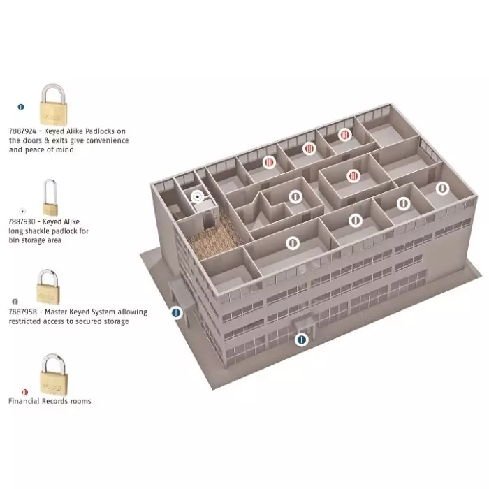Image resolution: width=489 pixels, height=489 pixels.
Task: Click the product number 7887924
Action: tap(22, 131)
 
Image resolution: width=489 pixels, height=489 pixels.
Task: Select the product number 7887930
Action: tap(22, 221)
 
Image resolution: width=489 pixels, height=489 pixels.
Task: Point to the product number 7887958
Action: tap(23, 312)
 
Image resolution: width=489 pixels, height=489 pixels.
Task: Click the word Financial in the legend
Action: tap(24, 401)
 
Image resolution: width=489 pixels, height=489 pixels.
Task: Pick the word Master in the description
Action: tap(56, 312)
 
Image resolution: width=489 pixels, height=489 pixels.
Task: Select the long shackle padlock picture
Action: tap(50, 198)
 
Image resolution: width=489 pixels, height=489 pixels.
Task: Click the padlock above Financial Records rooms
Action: tap(53, 375)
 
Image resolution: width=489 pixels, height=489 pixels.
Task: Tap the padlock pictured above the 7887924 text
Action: tap(53, 105)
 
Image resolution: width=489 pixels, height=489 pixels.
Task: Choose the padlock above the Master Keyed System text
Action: tap(48, 286)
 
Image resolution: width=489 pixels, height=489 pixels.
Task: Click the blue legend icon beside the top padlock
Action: tap(21, 107)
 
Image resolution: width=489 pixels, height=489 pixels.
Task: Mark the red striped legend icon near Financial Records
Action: tap(25, 392)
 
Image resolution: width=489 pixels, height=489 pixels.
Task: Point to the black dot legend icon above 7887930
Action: tap(22, 212)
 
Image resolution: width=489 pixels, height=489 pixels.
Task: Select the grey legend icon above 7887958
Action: tap(15, 302)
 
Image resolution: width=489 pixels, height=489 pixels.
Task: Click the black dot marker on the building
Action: tap(197, 197)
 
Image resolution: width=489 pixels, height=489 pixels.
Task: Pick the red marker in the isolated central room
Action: tap(353, 177)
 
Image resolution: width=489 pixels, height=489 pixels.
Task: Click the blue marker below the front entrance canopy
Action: tap(302, 340)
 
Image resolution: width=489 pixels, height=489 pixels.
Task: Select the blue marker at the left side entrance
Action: tap(176, 312)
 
